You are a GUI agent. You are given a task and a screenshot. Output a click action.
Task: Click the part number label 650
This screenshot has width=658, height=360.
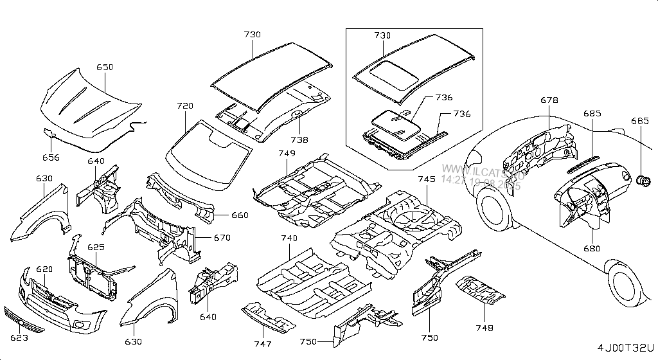tap(105, 67)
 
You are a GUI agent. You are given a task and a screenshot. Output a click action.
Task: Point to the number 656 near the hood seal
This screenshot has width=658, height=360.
tap(51, 157)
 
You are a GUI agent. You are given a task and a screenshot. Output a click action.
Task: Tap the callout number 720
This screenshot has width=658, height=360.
tap(185, 105)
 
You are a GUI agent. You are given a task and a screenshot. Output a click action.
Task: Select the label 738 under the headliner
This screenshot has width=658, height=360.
tap(298, 139)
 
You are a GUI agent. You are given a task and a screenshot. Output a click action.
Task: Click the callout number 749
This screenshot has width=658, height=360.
tap(287, 153)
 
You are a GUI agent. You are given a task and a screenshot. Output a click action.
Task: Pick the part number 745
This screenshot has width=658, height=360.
tap(427, 179)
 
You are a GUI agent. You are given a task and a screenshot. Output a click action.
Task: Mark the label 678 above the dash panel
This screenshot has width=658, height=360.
tap(549, 100)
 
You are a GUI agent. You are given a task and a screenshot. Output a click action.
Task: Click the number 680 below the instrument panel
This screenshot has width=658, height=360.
tap(591, 249)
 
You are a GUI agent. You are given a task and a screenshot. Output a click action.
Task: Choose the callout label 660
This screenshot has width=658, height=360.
tap(240, 215)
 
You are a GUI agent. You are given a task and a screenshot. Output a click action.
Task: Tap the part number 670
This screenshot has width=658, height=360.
tap(222, 238)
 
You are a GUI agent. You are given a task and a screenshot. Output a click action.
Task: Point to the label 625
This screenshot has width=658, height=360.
tap(96, 247)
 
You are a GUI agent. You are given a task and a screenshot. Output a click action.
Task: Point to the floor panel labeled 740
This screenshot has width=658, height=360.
tap(308, 283)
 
